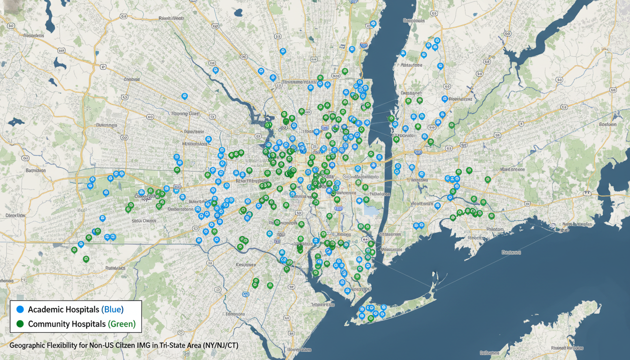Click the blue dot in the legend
click(20, 310)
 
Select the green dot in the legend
click(20, 324)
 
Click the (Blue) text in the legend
click(112, 310)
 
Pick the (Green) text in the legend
click(121, 324)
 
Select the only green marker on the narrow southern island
click(370, 318)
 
